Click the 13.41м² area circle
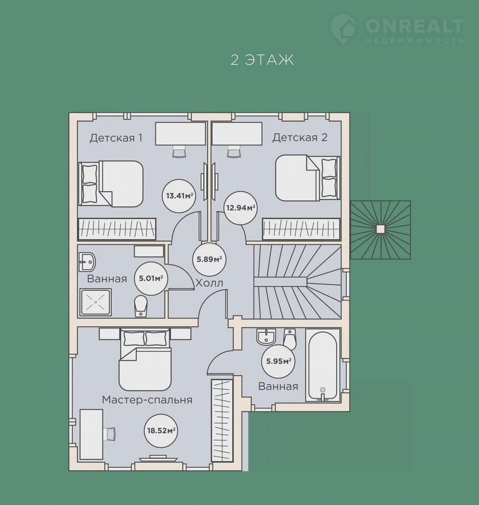pos(179,195)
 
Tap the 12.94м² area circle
pos(240,208)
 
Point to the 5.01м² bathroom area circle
pos(151,278)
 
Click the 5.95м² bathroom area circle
pos(279,361)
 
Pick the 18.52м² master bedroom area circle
pos(161,430)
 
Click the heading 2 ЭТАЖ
pos(262,60)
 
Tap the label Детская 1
pos(116,138)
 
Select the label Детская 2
pos(300,138)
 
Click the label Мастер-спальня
pos(147,400)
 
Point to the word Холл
pos(210,284)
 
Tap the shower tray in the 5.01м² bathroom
pos(95,302)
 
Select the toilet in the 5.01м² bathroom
pos(141,306)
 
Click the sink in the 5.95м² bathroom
pos(266,336)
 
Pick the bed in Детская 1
pos(111,183)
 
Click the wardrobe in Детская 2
pos(301,229)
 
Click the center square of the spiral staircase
pos(380,229)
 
